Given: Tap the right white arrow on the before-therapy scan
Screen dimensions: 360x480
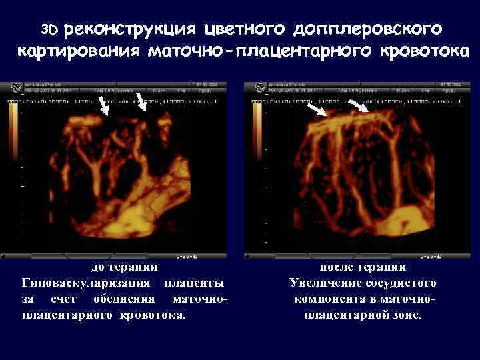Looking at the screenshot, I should tap(142, 101).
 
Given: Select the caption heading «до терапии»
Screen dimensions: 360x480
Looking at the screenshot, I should tap(125, 267).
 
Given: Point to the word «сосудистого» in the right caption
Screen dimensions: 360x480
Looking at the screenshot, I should tap(399, 283).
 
